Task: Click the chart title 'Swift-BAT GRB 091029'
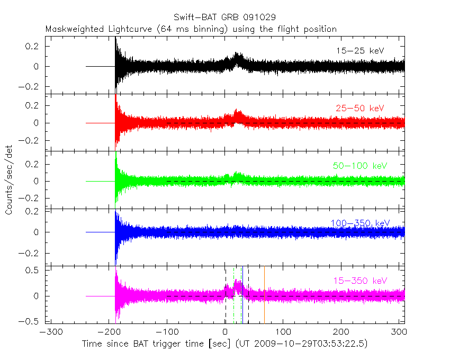224,17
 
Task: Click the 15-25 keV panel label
360,51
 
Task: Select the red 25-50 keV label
360,108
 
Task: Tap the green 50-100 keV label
360,166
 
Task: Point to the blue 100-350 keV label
362,222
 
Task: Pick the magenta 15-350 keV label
360,280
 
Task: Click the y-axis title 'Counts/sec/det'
9,181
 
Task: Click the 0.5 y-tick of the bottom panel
33,270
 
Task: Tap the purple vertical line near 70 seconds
264,296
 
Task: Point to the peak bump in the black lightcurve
237,56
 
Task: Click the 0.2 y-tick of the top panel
33,46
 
